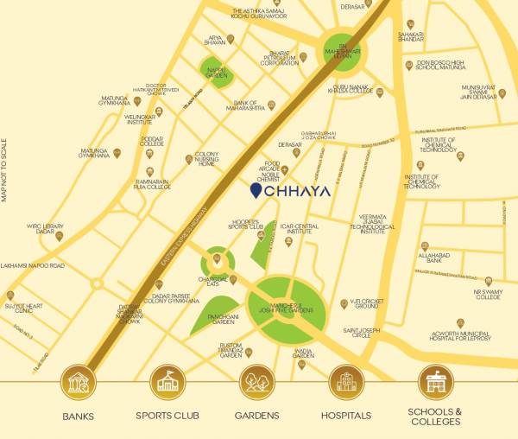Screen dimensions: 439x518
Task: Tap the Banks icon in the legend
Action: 78,381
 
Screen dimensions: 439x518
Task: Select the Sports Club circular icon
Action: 167,381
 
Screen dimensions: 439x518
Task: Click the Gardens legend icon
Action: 256,381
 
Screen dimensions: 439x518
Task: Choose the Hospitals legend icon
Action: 346,381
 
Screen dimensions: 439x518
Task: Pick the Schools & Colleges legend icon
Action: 435,381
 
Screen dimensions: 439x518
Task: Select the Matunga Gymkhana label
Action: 95,153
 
